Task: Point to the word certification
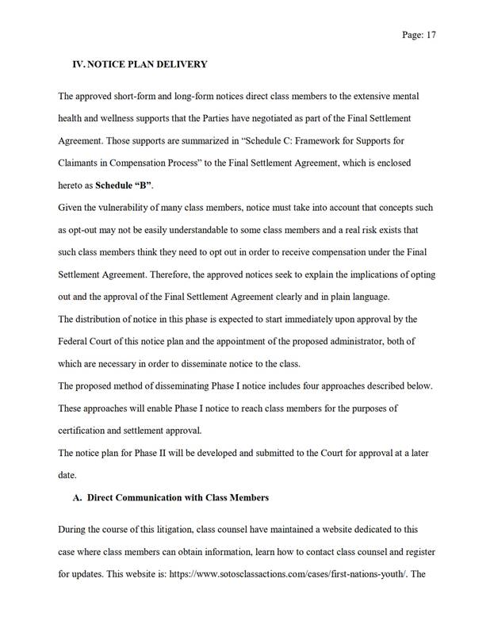85,431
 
